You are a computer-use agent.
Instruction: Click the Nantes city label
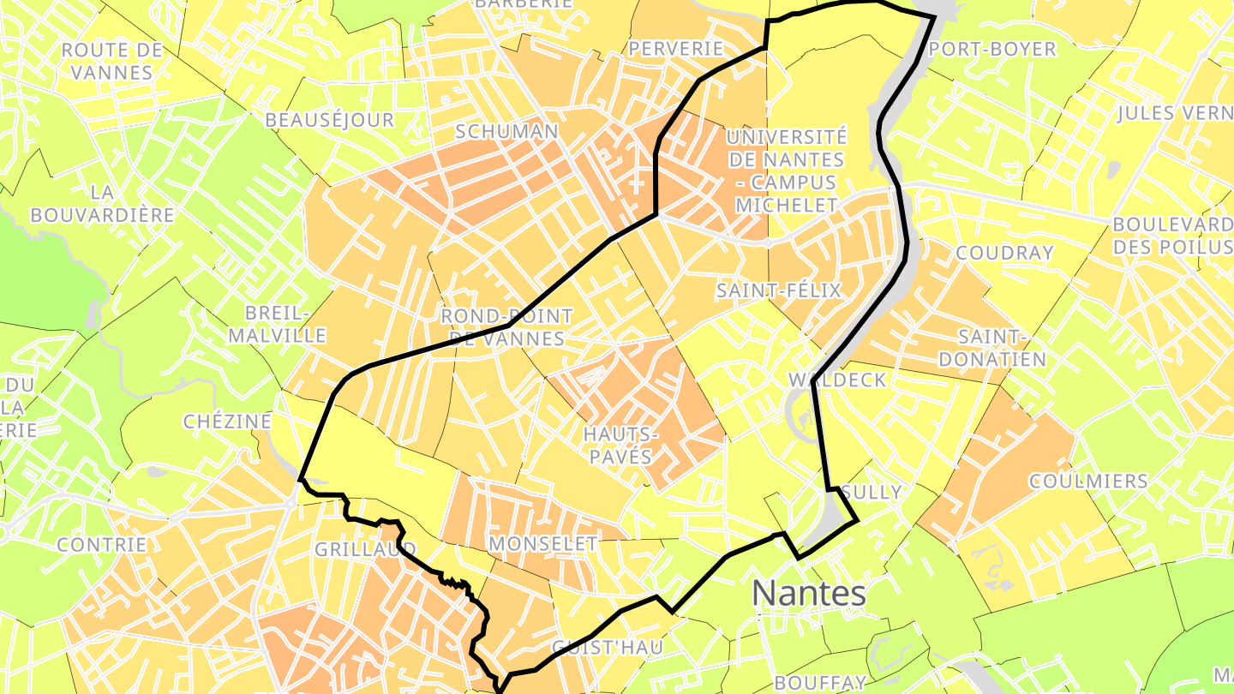pyautogui.click(x=809, y=593)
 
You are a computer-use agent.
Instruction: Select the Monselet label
pyautogui.click(x=542, y=543)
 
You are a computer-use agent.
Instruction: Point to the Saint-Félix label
pyautogui.click(x=779, y=290)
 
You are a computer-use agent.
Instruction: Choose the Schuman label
pyautogui.click(x=506, y=132)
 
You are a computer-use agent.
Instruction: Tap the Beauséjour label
pyautogui.click(x=329, y=121)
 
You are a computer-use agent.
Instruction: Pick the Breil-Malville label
pyautogui.click(x=278, y=323)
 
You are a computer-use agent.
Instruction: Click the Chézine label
pyautogui.click(x=227, y=422)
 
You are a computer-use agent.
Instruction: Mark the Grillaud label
pyautogui.click(x=365, y=549)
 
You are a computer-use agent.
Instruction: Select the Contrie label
pyautogui.click(x=102, y=544)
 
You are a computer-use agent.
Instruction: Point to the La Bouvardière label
pyautogui.click(x=102, y=204)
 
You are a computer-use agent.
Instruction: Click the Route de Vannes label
pyautogui.click(x=112, y=61)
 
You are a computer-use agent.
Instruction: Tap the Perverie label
pyautogui.click(x=676, y=49)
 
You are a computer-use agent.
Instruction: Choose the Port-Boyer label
pyautogui.click(x=992, y=49)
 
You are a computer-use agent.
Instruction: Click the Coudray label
pyautogui.click(x=1003, y=253)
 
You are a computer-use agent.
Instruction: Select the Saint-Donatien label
pyautogui.click(x=992, y=347)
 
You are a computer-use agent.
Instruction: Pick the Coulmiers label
pyautogui.click(x=1088, y=481)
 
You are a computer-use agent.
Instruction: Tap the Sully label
pyautogui.click(x=872, y=492)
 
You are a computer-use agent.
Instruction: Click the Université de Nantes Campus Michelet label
pyautogui.click(x=786, y=171)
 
